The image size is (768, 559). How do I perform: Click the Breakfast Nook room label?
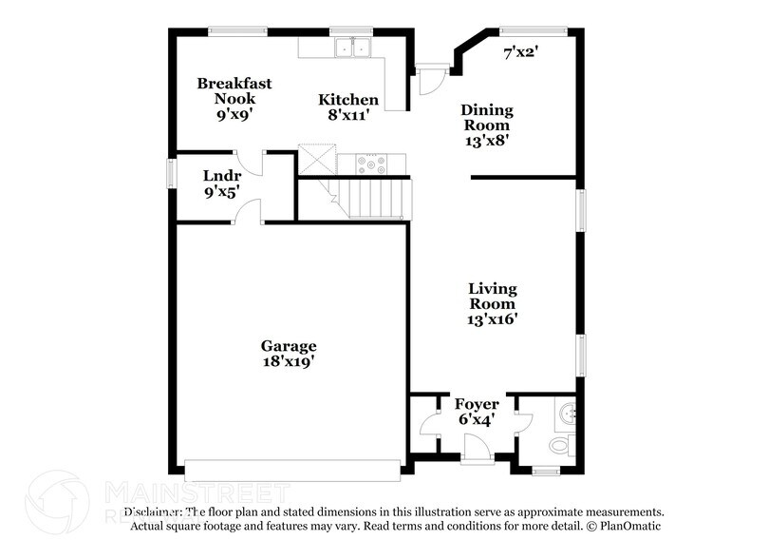234,90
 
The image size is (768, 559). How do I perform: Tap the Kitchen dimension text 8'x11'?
348,115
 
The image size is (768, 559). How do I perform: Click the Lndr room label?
221,176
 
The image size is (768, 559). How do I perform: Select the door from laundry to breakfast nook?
250,161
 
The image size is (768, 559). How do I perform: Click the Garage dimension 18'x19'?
290,361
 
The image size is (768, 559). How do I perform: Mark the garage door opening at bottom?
292,470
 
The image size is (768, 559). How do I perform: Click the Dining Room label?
486,117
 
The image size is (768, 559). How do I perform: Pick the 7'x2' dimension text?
520,53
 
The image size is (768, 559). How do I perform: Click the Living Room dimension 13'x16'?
492,319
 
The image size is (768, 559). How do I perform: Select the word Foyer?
477,404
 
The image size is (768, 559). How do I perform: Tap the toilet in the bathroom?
560,444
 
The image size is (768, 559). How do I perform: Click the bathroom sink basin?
568,413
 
